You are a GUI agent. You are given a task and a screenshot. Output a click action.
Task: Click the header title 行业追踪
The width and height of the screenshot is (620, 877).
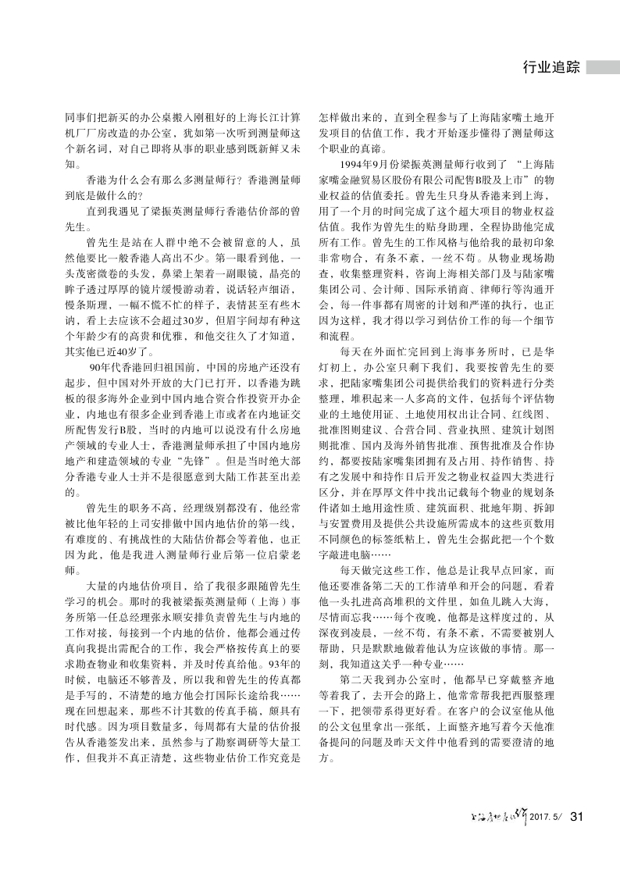coord(551,67)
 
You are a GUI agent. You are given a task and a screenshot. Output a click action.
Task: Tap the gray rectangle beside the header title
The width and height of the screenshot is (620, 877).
coord(603,67)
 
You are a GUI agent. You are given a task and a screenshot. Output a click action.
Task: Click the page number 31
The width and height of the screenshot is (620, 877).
coord(577,817)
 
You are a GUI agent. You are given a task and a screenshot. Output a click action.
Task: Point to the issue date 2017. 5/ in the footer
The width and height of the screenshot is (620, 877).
coord(546,818)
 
